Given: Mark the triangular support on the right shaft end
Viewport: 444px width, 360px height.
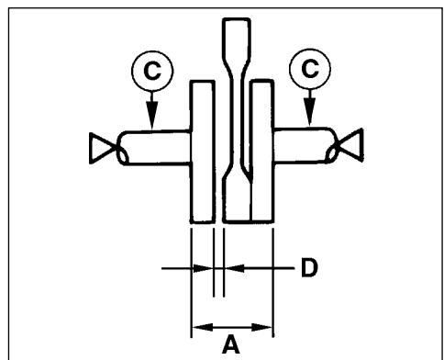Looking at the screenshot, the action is (x=353, y=145).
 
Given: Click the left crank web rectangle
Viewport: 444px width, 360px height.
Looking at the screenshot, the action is (x=202, y=152).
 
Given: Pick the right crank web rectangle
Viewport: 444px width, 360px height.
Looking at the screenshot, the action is (x=262, y=152).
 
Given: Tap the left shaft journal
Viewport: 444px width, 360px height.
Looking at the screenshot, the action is (x=151, y=147).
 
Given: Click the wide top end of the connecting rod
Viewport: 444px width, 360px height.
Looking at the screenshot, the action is (x=233, y=46).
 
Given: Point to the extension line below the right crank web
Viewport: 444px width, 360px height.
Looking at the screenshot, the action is (x=274, y=276).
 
